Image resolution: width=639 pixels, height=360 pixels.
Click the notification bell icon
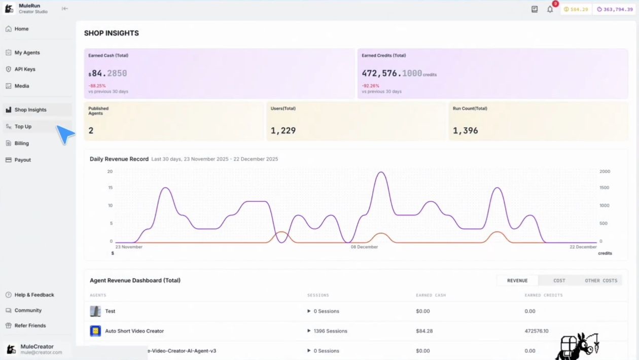(550, 10)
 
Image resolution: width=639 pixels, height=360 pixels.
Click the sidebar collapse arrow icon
(65, 9)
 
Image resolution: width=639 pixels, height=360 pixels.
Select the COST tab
(559, 280)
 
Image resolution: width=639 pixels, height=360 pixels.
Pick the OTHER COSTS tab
(601, 280)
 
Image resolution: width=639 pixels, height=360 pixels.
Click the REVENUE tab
(517, 280)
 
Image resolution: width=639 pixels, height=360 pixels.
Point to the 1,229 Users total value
(283, 131)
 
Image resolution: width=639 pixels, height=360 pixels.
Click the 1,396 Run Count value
(465, 131)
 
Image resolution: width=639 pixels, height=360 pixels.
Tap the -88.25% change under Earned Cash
(97, 86)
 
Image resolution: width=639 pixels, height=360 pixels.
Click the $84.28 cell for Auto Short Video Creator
(424, 331)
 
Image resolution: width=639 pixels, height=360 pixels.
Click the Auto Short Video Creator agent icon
(95, 331)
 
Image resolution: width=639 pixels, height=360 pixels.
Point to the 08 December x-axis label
(364, 247)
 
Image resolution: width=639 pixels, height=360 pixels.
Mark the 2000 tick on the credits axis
(605, 171)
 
